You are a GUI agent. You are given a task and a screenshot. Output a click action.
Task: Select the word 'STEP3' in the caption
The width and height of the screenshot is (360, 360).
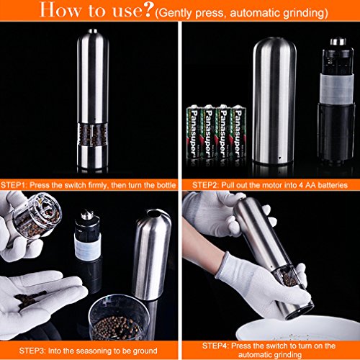coord(32,351)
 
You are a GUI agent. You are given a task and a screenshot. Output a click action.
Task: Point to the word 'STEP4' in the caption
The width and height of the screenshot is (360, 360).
coord(215,346)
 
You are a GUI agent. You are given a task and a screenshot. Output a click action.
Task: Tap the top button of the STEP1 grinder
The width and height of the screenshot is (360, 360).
coord(93,31)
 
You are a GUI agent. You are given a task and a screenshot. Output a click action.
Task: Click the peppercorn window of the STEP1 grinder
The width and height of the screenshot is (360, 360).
coord(92,135)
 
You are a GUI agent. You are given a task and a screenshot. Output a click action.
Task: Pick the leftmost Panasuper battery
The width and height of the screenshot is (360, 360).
coord(194,132)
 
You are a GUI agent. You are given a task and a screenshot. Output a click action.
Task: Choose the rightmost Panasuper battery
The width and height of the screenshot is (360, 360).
coord(238,132)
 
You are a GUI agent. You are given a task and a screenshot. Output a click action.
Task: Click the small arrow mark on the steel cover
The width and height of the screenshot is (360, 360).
coord(279,158)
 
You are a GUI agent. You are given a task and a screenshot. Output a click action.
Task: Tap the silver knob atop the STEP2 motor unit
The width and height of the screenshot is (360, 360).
coord(338,42)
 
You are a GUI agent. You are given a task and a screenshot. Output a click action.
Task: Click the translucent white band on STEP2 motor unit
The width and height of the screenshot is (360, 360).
coord(337,89)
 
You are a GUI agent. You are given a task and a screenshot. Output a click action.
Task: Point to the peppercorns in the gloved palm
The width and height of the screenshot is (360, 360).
coord(30,300)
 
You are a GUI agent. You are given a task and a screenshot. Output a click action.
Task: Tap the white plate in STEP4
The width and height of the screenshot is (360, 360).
coord(297,329)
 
